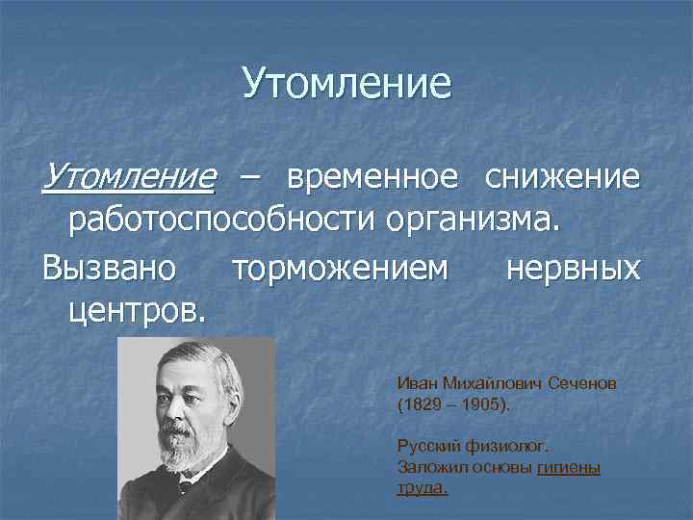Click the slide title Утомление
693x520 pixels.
(x=346, y=83)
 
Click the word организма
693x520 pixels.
(x=471, y=221)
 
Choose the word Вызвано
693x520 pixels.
(x=109, y=267)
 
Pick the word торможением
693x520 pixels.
(x=340, y=267)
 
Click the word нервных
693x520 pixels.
(x=573, y=267)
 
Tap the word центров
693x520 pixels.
(x=135, y=310)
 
